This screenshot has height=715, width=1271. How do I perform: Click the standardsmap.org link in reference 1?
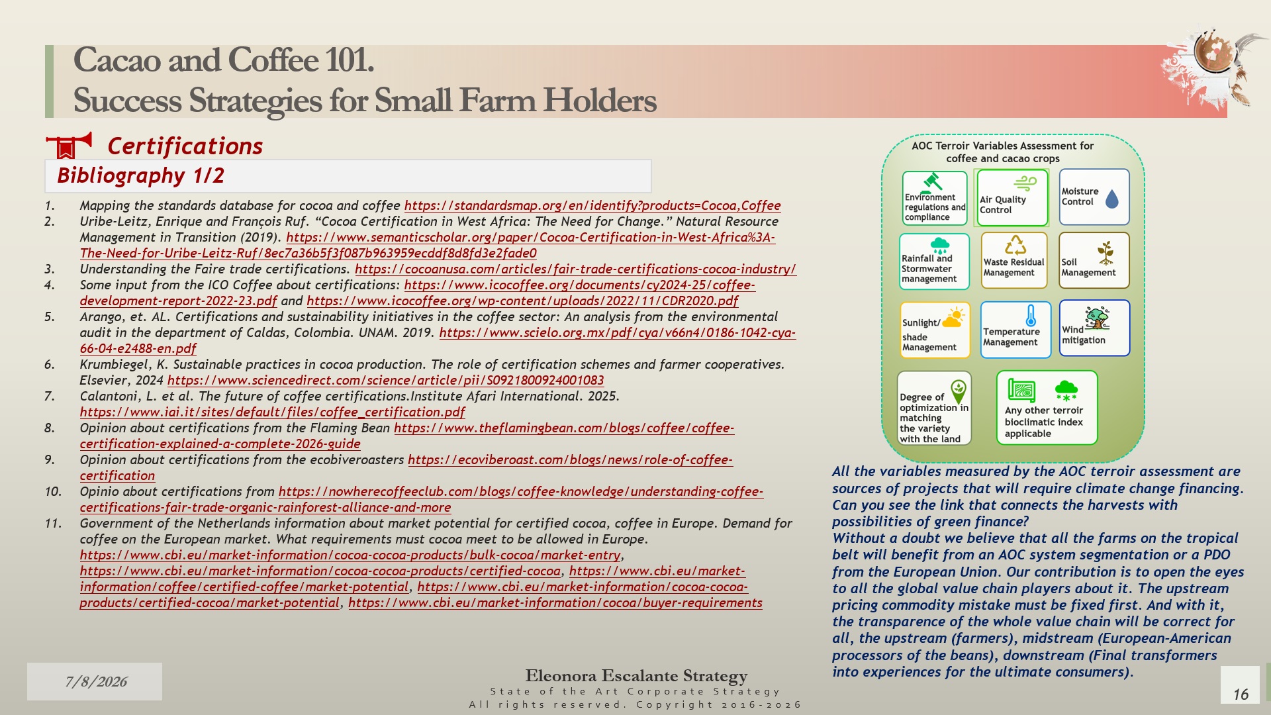(592, 206)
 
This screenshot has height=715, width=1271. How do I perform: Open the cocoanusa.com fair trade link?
(575, 269)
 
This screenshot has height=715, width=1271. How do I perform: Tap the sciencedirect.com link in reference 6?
(385, 381)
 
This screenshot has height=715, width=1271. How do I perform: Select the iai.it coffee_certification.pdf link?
(272, 412)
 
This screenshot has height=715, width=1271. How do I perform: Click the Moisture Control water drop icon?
(1112, 199)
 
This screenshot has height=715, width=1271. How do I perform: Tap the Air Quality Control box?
(1012, 198)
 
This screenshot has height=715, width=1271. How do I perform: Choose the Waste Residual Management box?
(1014, 261)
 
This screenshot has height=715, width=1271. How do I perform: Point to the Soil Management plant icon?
(1106, 253)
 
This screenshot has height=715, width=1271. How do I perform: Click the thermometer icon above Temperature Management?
(1031, 316)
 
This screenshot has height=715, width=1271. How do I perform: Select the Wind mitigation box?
(1094, 328)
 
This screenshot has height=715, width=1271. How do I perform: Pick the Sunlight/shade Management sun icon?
(953, 317)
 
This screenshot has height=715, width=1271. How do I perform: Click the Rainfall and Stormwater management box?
(934, 262)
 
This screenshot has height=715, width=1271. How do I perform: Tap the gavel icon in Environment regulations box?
(932, 181)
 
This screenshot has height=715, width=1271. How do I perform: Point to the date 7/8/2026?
(96, 682)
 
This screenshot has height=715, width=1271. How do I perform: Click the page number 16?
(1241, 694)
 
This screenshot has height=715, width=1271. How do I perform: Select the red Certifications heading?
(185, 146)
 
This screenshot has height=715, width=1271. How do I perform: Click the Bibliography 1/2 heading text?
(140, 175)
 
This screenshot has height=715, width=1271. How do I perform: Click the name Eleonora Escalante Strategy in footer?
(636, 676)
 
